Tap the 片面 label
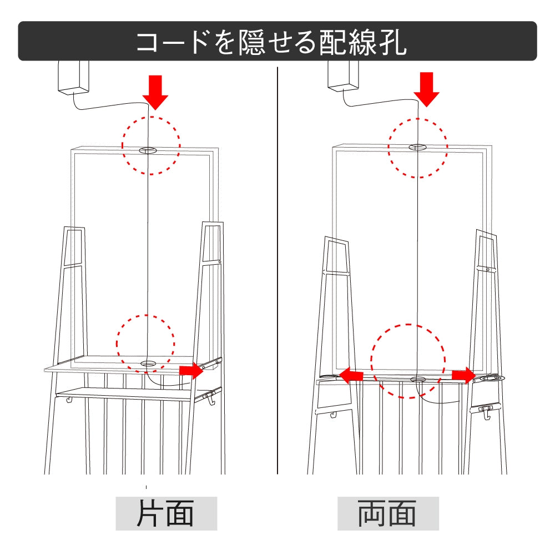coord(165,513)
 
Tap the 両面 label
coord(387,513)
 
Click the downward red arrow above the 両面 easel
coord(426,89)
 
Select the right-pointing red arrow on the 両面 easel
coord(463,376)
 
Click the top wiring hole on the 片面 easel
coord(148,150)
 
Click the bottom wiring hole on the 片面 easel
coord(148,364)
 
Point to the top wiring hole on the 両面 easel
coord(418,147)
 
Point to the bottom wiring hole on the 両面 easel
coord(418,379)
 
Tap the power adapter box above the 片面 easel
coord(73,78)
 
